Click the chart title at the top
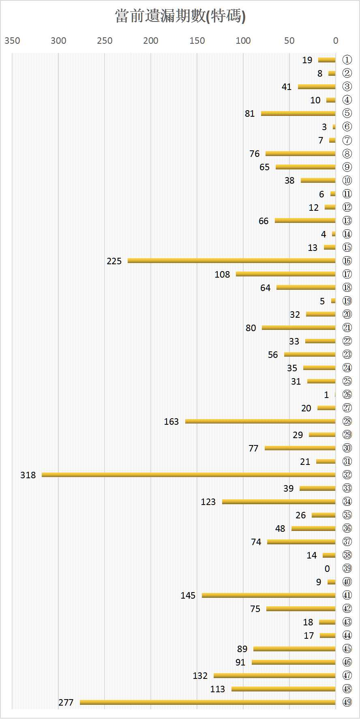click(180, 16)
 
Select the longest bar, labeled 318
click(189, 475)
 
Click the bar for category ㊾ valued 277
click(208, 702)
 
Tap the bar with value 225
click(231, 261)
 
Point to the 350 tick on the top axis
click(12, 41)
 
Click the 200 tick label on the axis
click(151, 41)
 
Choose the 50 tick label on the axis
click(289, 41)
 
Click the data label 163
click(171, 422)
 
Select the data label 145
click(188, 595)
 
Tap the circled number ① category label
click(347, 60)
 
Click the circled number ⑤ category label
click(347, 113)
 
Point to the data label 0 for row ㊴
click(327, 569)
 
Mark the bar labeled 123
click(279, 502)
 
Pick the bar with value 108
click(285, 274)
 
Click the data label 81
click(250, 113)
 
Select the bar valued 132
click(274, 675)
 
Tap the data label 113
click(217, 689)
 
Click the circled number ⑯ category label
click(347, 261)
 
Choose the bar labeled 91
click(294, 662)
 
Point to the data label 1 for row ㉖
click(326, 395)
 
